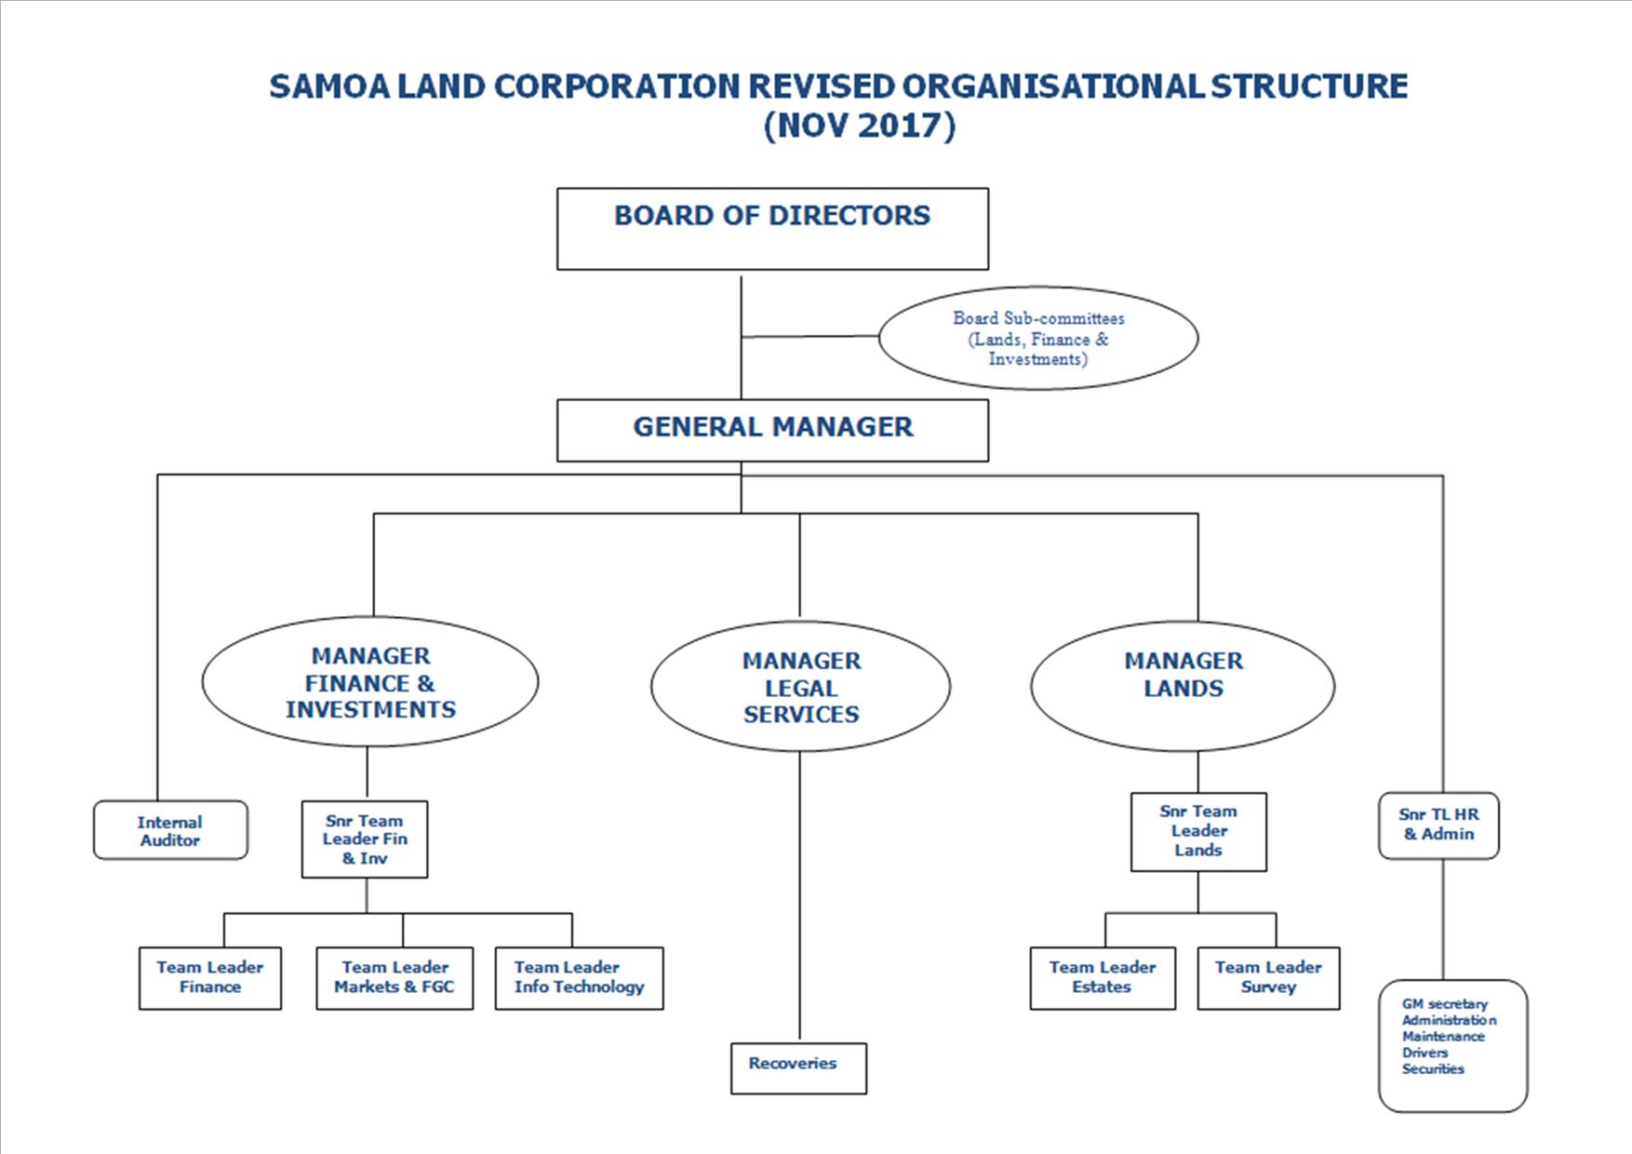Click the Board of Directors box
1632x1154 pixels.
tap(772, 229)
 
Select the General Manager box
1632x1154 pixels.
tap(772, 430)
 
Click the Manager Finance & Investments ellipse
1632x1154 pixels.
tap(370, 682)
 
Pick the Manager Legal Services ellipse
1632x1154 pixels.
tap(800, 688)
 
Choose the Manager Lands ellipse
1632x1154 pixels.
tap(1183, 686)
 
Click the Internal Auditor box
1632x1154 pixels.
tap(170, 830)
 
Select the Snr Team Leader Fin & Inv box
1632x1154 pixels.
tap(365, 839)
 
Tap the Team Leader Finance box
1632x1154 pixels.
tap(210, 978)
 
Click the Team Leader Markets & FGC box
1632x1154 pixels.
tap(395, 978)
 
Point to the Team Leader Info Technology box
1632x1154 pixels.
tap(579, 978)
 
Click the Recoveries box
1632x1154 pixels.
tap(798, 1067)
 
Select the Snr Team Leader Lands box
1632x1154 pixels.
tap(1198, 832)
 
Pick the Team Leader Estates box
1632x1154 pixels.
tap(1103, 978)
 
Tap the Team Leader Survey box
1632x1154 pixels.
tap(1268, 978)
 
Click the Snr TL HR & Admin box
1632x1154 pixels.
tap(1438, 825)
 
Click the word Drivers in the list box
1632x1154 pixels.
tap(1425, 1053)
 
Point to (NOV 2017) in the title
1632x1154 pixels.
tap(859, 125)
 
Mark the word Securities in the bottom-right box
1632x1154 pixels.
tap(1433, 1069)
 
